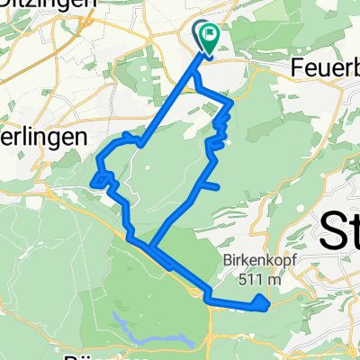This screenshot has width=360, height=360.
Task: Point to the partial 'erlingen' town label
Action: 40,137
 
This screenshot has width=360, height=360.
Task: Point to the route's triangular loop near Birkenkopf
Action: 259,303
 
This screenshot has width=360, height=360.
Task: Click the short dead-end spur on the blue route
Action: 210,186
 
